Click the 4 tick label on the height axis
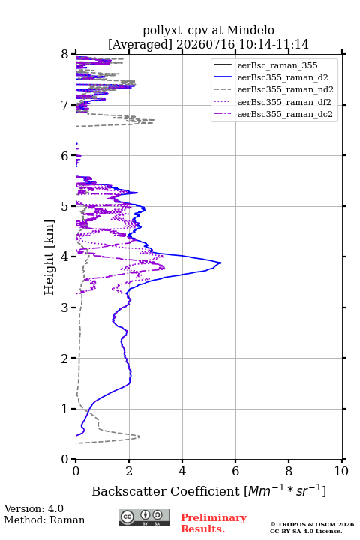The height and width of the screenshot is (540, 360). (x=65, y=256)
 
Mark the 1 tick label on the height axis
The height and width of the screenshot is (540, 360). (x=65, y=409)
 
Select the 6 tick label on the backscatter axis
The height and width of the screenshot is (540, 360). (x=235, y=471)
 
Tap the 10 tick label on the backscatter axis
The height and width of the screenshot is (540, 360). (x=341, y=471)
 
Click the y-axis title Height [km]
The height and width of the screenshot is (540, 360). (x=49, y=257)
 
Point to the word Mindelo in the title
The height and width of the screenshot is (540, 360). (x=250, y=30)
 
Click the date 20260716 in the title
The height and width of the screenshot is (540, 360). (x=205, y=44)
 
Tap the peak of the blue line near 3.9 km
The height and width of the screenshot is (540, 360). (x=220, y=262)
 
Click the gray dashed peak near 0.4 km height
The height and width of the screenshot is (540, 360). (x=139, y=436)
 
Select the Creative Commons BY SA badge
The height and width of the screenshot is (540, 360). (x=144, y=518)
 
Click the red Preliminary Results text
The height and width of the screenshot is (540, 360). (x=214, y=523)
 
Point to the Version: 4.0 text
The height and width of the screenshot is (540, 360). (x=34, y=508)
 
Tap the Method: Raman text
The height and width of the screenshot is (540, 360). (x=44, y=520)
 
